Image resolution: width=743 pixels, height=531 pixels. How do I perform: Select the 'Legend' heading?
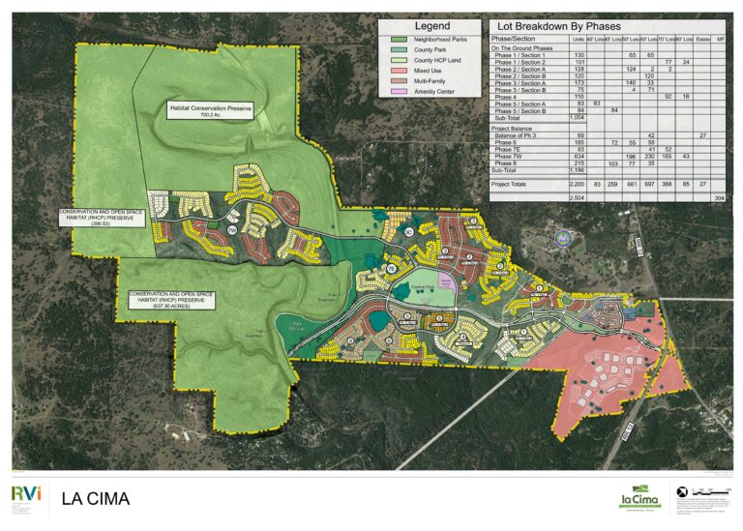[431, 26]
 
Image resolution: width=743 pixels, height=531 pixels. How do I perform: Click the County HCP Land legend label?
[436, 60]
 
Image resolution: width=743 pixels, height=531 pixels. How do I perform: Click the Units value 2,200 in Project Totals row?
[579, 183]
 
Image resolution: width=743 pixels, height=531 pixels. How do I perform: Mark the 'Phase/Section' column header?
[514, 39]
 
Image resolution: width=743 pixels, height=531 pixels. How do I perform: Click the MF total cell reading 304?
[718, 197]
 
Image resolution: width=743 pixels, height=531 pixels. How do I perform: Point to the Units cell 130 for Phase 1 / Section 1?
[579, 56]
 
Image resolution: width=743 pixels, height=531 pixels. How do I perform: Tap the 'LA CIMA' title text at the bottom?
[96, 499]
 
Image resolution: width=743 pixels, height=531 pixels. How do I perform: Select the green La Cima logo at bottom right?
[640, 497]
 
